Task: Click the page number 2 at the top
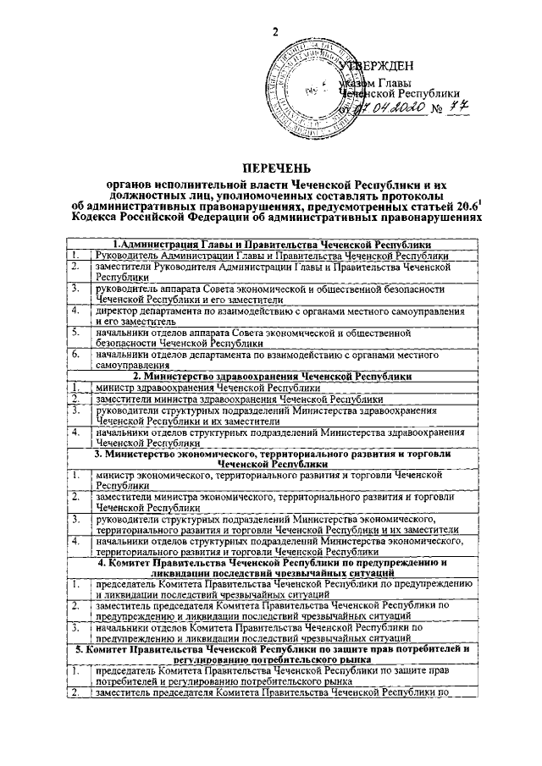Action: click(x=274, y=31)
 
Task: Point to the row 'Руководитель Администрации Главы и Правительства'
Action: click(x=272, y=255)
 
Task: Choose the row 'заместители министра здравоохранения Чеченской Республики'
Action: click(x=240, y=398)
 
